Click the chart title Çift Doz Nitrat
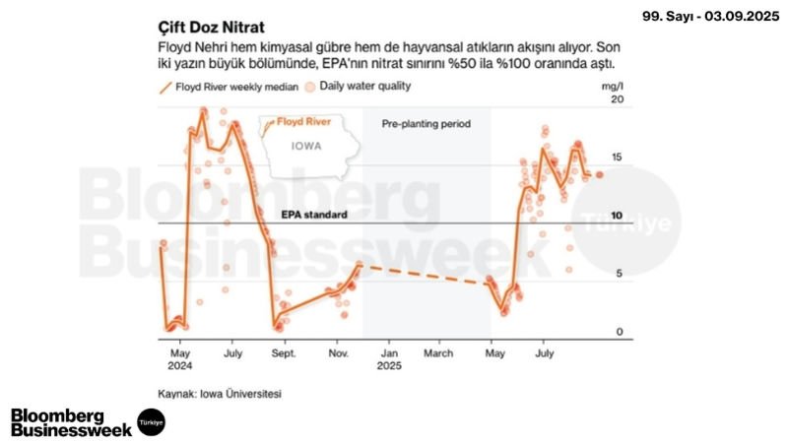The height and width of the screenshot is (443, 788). [x=211, y=24]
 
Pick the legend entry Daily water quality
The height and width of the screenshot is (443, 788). [x=356, y=87]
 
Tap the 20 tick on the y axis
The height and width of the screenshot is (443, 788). [x=618, y=100]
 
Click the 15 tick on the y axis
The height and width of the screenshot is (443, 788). [x=618, y=158]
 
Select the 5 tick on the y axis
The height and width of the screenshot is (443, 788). [x=620, y=275]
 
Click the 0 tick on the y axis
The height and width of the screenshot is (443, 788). [x=620, y=333]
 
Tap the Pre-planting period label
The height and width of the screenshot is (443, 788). [x=427, y=125]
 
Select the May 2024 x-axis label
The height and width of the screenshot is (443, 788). [x=180, y=356]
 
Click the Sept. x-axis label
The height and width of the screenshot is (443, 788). [x=284, y=350]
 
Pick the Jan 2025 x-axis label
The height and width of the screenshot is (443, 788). [x=389, y=356]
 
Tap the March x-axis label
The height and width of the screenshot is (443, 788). [x=438, y=350]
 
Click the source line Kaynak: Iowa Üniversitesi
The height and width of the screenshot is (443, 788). [x=220, y=393]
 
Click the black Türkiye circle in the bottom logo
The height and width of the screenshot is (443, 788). [x=151, y=421]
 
